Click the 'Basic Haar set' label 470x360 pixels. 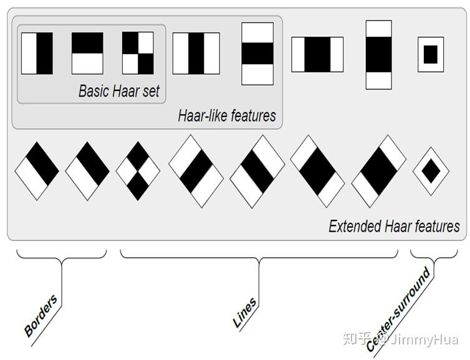click(x=119, y=91)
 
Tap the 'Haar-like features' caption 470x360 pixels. click(x=227, y=116)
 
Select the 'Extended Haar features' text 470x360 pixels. click(x=394, y=226)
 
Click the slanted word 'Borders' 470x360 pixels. click(x=41, y=315)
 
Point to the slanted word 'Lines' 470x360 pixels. click(x=244, y=312)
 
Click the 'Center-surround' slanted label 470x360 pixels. click(x=398, y=310)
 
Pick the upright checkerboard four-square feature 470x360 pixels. click(x=138, y=53)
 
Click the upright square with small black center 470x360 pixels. click(x=431, y=55)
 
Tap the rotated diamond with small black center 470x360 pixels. click(x=431, y=171)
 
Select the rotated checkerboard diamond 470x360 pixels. click(x=138, y=171)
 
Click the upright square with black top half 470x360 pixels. click(x=87, y=53)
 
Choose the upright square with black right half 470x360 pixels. click(x=37, y=53)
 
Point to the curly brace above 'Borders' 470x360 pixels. click(x=62, y=257)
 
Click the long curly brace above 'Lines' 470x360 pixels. click(x=259, y=257)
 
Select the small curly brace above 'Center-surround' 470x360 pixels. click(x=434, y=257)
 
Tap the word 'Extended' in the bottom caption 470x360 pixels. click(x=355, y=226)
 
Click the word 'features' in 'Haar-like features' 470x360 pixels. click(x=254, y=116)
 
